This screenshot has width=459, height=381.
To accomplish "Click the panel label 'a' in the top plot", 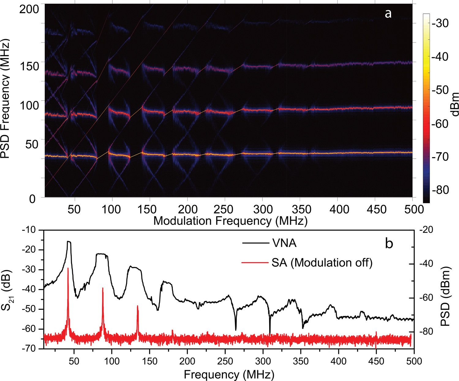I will click(388, 14).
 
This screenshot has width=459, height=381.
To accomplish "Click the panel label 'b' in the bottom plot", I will click(389, 243).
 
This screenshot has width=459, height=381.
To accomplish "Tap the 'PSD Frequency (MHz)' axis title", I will click(5, 98).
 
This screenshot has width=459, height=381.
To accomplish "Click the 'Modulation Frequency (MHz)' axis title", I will click(230, 220).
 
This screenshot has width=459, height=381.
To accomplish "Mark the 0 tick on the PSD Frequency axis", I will click(32, 199).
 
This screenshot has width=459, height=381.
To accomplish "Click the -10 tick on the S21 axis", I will click(28, 230).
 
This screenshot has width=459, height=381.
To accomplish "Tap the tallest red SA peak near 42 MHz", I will click(68, 268).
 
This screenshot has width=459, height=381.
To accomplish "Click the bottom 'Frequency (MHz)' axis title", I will click(229, 374).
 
